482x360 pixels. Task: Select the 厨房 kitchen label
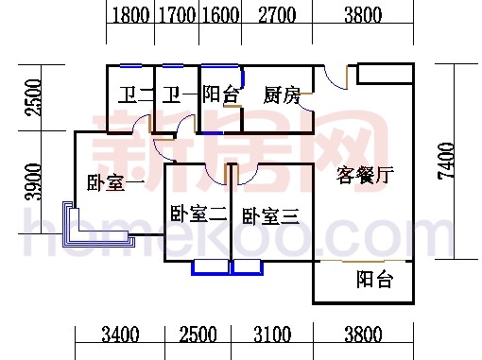(x=282, y=95)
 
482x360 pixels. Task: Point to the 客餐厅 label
(x=365, y=175)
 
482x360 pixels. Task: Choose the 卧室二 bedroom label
(x=198, y=215)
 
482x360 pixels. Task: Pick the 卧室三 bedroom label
(x=270, y=216)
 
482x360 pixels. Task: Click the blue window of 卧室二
(x=211, y=266)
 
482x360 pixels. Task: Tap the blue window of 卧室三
(x=247, y=266)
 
